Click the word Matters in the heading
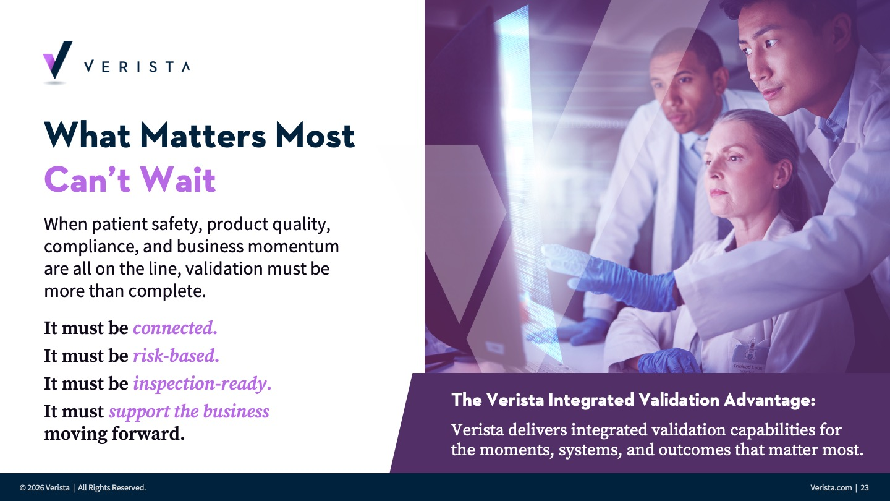point(203,135)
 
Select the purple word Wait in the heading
point(177,179)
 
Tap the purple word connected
point(176,328)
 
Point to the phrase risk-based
point(176,356)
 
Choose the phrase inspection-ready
point(202,384)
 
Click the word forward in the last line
point(148,434)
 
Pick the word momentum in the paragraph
point(293,247)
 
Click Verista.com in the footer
point(831,487)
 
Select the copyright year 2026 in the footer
point(35,488)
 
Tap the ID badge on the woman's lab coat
point(748,355)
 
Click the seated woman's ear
point(782,175)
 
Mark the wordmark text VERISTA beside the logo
point(137,66)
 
